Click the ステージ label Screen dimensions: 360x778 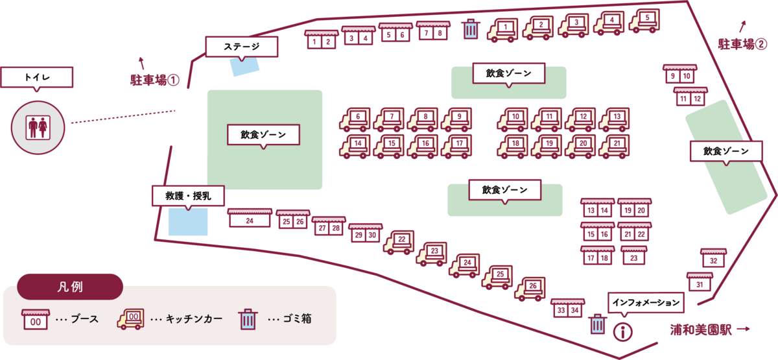tap(241, 46)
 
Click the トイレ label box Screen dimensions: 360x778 tap(38, 77)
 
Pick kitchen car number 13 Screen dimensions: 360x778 tap(614, 119)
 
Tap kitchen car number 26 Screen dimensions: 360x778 tap(530, 289)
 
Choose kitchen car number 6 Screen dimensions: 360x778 tap(355, 119)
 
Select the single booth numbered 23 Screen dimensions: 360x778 tap(633, 255)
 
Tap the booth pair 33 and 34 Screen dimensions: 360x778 tap(567, 309)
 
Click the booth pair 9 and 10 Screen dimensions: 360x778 tap(679, 75)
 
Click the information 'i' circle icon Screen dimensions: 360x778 tap(623, 332)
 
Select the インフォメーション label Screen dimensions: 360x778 tap(646, 302)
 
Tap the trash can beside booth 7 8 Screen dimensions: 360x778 tap(470, 29)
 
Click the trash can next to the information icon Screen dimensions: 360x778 tap(597, 324)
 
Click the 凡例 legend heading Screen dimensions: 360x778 tap(70, 285)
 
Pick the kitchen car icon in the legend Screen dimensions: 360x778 tap(132, 318)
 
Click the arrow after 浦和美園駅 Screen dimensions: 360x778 tap(744, 330)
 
